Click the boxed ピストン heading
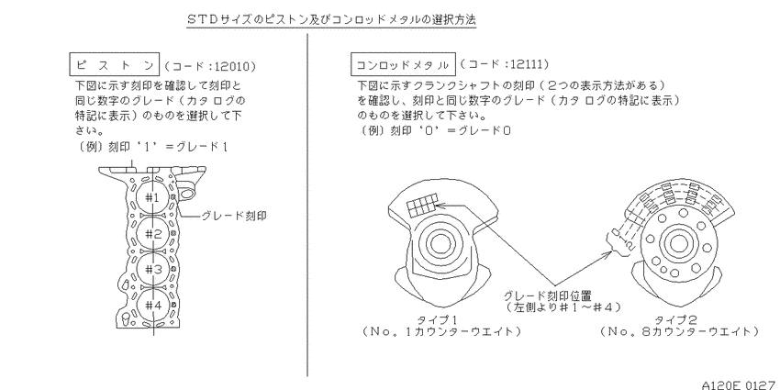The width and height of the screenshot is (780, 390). coord(114,64)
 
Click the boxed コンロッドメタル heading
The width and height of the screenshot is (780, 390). coord(404,64)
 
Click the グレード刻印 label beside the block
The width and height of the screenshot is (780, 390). coord(234,216)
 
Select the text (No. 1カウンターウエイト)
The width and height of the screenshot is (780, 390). coord(442,331)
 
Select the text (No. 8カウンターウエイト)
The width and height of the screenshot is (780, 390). coord(679,331)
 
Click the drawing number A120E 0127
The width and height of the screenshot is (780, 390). coord(741,384)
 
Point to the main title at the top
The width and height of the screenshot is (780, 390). coord(331,20)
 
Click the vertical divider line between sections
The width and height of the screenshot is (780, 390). coord(306,205)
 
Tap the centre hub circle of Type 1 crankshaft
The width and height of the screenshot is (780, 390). coord(439,244)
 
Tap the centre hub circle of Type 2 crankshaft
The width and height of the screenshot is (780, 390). coord(675,244)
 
